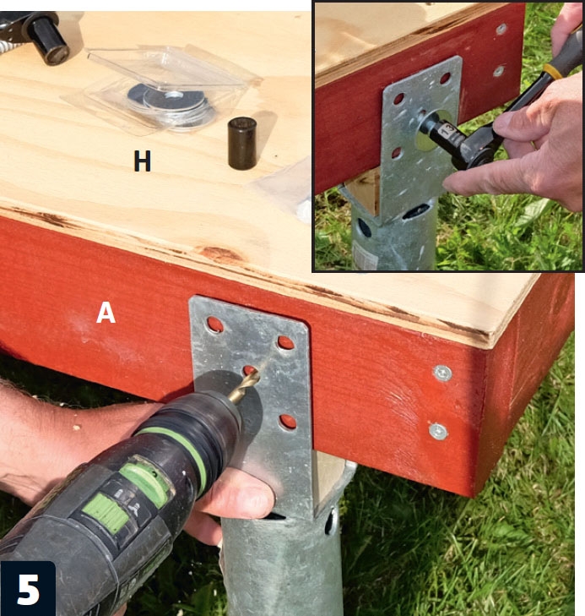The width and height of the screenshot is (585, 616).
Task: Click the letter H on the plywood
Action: [142, 161]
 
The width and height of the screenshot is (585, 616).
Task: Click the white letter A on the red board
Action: [106, 313]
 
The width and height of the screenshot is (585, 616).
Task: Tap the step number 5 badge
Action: [28, 588]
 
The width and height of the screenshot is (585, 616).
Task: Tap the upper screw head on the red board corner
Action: [442, 373]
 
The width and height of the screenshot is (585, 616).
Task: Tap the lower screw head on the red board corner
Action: [438, 431]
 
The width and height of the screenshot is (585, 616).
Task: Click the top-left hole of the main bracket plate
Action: [214, 324]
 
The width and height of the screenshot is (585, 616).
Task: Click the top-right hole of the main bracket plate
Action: [285, 342]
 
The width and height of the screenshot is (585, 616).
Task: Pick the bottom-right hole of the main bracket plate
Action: [288, 422]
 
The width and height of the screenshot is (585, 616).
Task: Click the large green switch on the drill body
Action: [106, 513]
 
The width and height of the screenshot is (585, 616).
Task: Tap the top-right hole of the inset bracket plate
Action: [446, 79]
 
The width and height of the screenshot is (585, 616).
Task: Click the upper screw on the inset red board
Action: [501, 28]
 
